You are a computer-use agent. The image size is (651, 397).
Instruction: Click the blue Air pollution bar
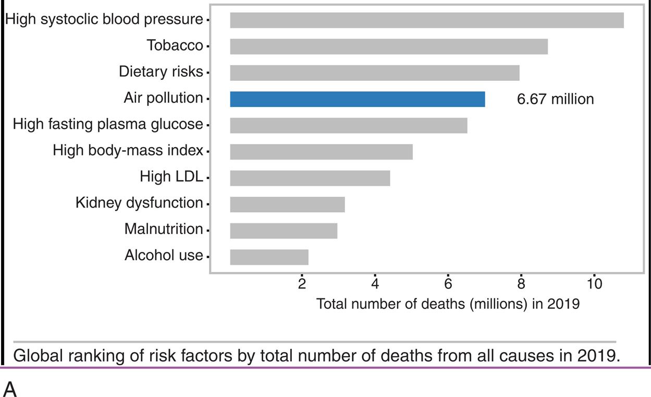click(x=358, y=99)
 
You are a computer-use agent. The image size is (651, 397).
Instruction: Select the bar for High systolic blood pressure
click(x=427, y=20)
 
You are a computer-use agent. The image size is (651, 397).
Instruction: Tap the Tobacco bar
click(x=389, y=46)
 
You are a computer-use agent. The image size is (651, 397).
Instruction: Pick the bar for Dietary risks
click(x=375, y=73)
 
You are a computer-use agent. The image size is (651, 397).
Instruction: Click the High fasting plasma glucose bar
click(x=349, y=126)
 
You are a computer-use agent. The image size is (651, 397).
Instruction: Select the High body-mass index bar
click(x=321, y=152)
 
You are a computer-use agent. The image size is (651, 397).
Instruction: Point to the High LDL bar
click(x=310, y=178)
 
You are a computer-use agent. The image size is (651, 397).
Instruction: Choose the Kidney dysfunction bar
click(x=287, y=204)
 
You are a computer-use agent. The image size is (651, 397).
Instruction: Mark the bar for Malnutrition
click(x=284, y=231)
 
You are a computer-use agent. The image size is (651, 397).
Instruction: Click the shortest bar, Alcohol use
click(x=269, y=257)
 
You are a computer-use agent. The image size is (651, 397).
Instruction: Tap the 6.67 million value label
click(x=555, y=99)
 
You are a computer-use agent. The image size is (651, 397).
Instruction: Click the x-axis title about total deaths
click(x=448, y=304)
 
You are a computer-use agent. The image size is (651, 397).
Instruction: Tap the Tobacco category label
click(x=175, y=46)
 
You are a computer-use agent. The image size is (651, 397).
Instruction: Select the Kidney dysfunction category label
click(x=139, y=203)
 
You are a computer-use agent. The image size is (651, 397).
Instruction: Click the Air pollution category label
click(x=163, y=98)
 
